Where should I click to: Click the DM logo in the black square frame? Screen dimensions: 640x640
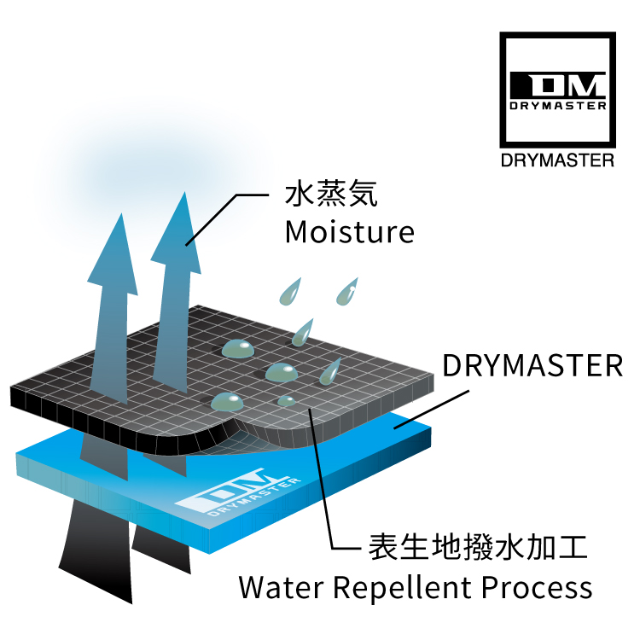click(x=557, y=90)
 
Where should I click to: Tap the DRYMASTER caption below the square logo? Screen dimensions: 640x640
click(x=557, y=160)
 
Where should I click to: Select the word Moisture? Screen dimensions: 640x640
click(x=350, y=232)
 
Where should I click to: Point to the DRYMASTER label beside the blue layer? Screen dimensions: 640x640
click(x=532, y=365)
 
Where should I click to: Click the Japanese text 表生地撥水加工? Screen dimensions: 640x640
click(x=478, y=547)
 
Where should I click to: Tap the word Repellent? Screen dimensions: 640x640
click(x=403, y=588)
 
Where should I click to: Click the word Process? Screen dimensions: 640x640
click(x=537, y=587)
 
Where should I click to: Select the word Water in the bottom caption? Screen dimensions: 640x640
click(x=282, y=587)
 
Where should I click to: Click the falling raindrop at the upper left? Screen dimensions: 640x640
click(x=290, y=292)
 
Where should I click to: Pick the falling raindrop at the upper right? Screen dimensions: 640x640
click(x=347, y=292)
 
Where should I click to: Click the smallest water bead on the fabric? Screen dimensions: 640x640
click(x=287, y=401)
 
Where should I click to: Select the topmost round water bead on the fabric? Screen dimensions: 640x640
click(x=238, y=349)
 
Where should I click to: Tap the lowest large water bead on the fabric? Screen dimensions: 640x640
click(x=227, y=402)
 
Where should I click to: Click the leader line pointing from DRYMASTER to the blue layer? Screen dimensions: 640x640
click(x=432, y=410)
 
